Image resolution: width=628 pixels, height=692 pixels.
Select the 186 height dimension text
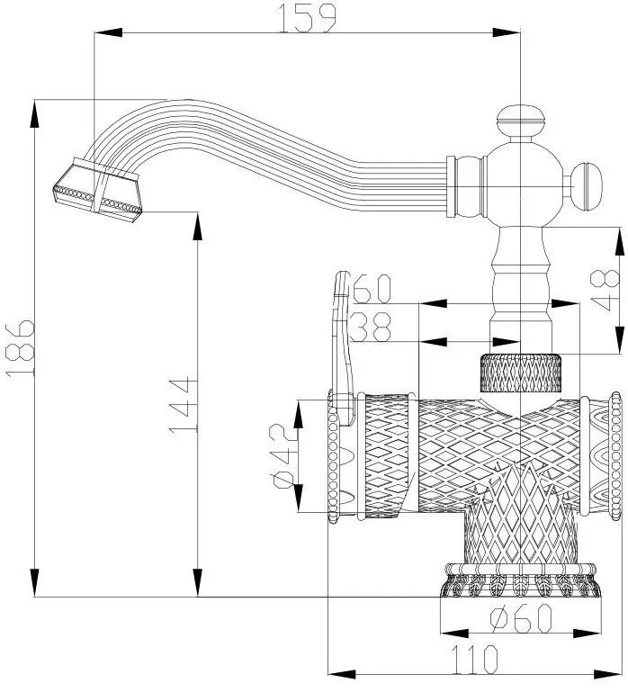(20, 347)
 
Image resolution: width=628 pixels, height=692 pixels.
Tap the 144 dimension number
(183, 405)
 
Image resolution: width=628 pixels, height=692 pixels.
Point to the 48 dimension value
(605, 290)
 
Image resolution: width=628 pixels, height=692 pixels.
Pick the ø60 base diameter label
(521, 618)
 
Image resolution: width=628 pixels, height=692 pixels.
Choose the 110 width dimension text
(474, 660)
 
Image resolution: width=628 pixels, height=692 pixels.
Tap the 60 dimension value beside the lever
(372, 289)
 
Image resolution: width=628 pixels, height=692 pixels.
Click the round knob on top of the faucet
(521, 121)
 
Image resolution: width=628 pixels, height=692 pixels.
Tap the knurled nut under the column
(521, 373)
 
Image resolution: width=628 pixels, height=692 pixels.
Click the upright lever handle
(343, 347)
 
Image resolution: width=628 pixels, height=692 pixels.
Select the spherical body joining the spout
(521, 185)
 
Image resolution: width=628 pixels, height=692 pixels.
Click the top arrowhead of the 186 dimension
(34, 113)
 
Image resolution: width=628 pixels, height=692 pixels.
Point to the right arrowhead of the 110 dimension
(607, 674)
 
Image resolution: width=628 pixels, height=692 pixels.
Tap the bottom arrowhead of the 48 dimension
(620, 340)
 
